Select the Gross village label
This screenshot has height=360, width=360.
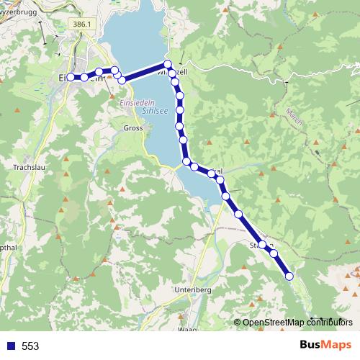pos(133,127)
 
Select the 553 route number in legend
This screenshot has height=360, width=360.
pos(30,346)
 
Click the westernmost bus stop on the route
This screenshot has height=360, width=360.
pos(71,77)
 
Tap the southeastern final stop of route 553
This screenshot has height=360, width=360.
pos(289,276)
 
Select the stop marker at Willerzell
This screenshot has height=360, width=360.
pos(168,64)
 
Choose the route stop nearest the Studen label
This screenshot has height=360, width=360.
pos(263,246)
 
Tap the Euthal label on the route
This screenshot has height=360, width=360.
pos(217,171)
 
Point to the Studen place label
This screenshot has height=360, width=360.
pos(259,245)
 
